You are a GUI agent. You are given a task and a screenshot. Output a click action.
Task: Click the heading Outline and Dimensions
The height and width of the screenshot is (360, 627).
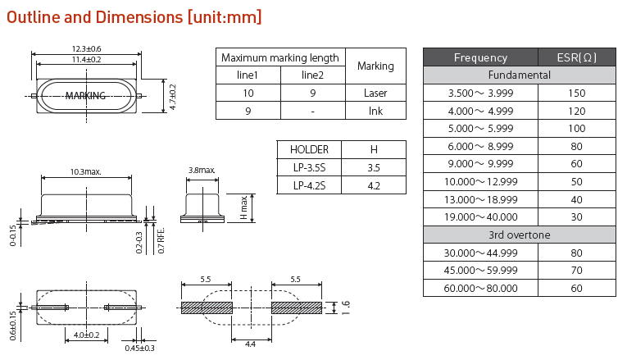pos(134,16)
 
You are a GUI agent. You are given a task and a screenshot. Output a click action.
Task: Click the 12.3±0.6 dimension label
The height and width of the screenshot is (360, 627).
pos(85,49)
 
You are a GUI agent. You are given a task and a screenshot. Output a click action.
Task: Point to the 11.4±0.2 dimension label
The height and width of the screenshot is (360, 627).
pos(85,60)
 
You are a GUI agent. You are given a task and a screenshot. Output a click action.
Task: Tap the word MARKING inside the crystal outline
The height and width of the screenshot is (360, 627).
pos(85,96)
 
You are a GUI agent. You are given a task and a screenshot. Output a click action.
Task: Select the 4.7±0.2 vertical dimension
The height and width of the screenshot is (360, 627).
pos(172,96)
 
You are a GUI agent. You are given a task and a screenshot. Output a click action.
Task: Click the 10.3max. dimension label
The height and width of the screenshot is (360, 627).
pos(85,172)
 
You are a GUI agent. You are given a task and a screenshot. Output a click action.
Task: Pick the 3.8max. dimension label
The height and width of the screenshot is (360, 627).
pos(202,171)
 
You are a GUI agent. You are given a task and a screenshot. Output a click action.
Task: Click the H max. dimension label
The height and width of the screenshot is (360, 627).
pos(243,207)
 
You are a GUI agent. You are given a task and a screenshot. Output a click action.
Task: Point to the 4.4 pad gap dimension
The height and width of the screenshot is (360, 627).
pos(250,344)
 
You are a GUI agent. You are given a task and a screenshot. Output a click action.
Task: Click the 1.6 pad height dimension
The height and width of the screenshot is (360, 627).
pos(345,308)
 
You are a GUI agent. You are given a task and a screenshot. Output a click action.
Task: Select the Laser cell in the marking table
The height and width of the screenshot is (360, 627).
pos(375,93)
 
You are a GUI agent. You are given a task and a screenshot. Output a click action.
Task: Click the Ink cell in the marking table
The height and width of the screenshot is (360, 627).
pos(375,111)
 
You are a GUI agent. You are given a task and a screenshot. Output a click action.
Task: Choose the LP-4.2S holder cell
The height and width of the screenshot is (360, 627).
pos(309,185)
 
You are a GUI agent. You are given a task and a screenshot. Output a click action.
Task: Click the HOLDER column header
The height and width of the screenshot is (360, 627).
pos(309,149)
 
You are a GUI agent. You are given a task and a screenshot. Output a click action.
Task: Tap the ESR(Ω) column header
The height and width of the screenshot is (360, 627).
pos(576,57)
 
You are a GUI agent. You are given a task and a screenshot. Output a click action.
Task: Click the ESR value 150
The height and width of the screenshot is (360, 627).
pos(576,93)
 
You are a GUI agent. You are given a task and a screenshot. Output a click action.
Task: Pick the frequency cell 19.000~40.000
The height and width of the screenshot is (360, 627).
pos(480,216)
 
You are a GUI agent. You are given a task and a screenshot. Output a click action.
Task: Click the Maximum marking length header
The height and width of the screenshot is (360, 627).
pos(280,57)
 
